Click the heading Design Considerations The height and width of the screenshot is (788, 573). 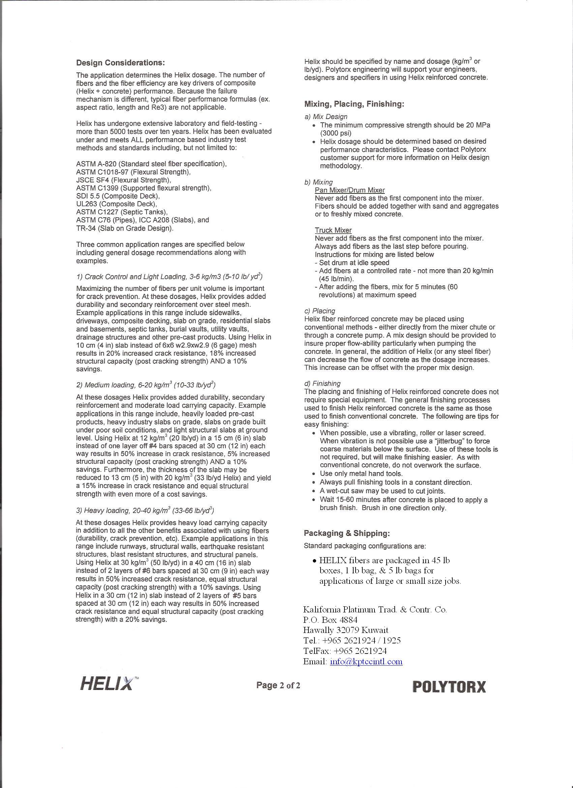[x=120, y=63]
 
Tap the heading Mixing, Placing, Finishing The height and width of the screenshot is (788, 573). [x=354, y=104]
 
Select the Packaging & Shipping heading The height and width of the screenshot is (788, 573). [x=347, y=533]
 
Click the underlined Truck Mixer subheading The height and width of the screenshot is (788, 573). [x=333, y=230]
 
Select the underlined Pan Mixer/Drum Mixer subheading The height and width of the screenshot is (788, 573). [x=350, y=190]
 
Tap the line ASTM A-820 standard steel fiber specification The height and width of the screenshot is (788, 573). [x=151, y=164]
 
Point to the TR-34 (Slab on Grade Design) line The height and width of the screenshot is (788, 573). [x=125, y=228]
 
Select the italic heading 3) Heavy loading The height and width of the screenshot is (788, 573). [x=145, y=510]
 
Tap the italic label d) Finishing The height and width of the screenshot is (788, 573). [x=322, y=384]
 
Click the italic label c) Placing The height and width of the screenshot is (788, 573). [x=320, y=311]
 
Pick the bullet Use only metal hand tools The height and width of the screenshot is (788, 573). [x=361, y=474]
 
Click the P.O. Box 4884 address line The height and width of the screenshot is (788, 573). [x=330, y=619]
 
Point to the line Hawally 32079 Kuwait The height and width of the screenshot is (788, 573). [x=346, y=630]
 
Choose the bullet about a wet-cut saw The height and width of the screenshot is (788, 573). [x=383, y=491]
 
